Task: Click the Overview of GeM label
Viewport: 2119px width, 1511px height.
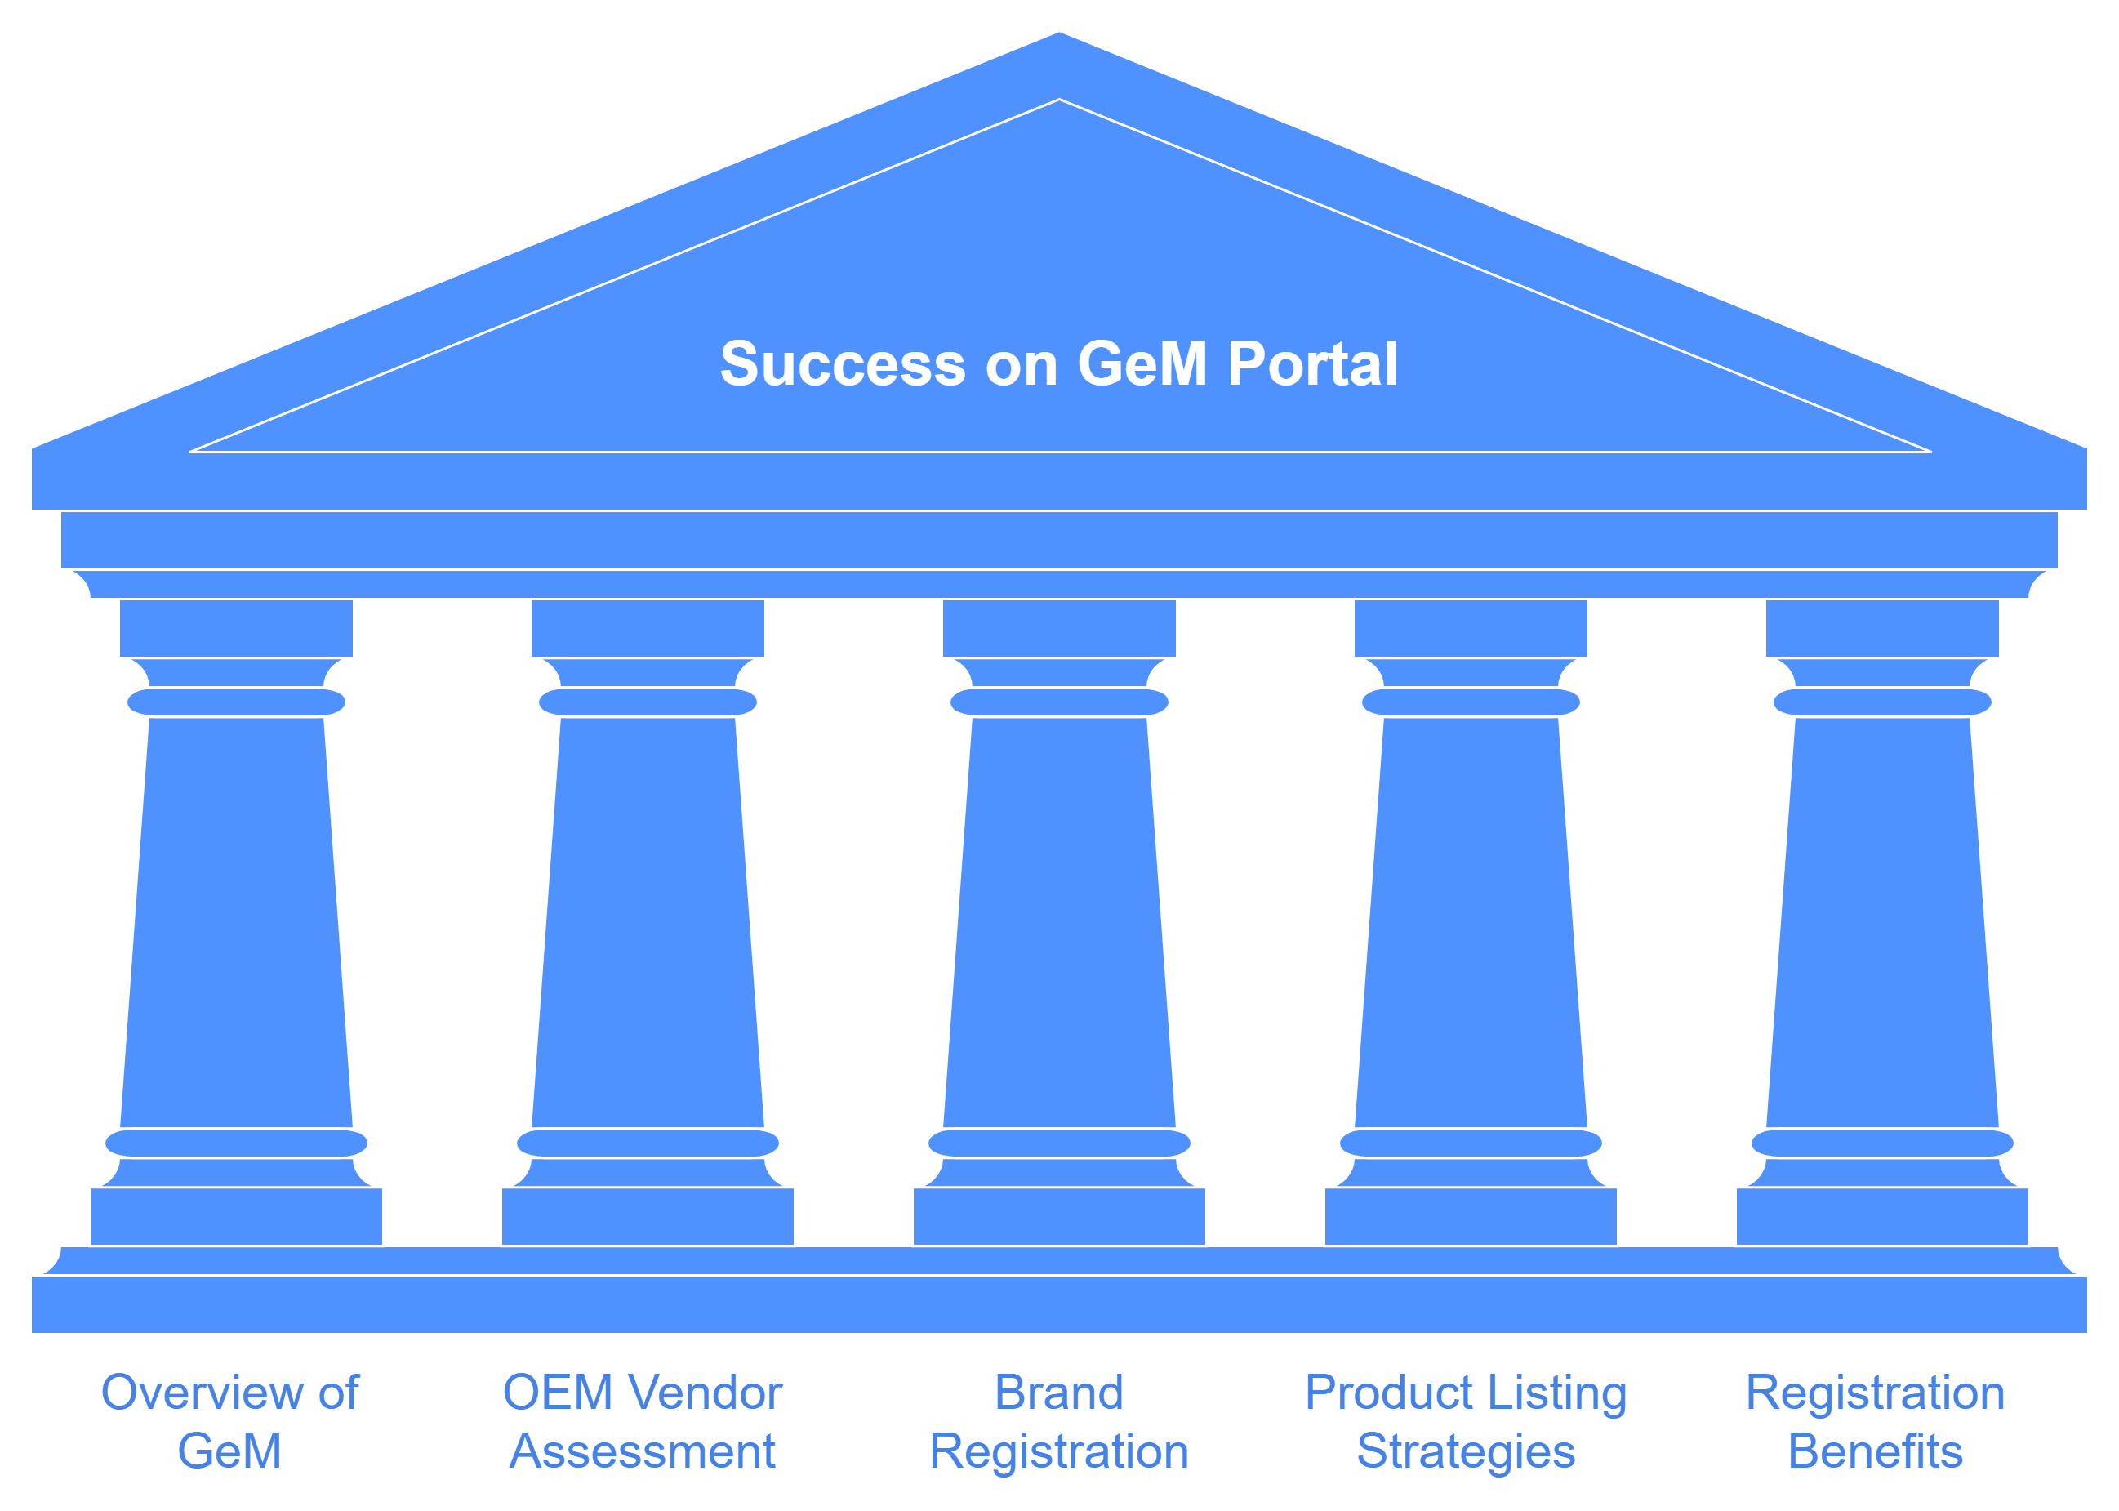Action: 229,1422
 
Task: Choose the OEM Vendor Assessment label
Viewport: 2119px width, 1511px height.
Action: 643,1422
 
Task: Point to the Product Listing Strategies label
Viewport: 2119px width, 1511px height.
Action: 1466,1422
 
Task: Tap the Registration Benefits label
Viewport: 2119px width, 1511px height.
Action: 1876,1422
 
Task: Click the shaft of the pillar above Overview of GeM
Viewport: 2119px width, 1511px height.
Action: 236,921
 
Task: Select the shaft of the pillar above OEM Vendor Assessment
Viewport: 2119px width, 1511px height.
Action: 648,921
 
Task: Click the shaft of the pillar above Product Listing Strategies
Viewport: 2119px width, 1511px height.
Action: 1471,921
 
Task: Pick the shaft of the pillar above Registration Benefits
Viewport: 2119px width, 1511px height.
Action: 1882,921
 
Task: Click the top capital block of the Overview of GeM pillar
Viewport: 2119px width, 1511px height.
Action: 236,628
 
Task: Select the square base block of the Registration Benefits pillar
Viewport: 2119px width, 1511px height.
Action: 1882,1216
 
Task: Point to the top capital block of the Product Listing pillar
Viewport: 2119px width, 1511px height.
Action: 1471,628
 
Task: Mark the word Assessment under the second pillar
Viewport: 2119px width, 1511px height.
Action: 643,1451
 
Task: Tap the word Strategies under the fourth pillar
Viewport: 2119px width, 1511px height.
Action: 1466,1451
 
